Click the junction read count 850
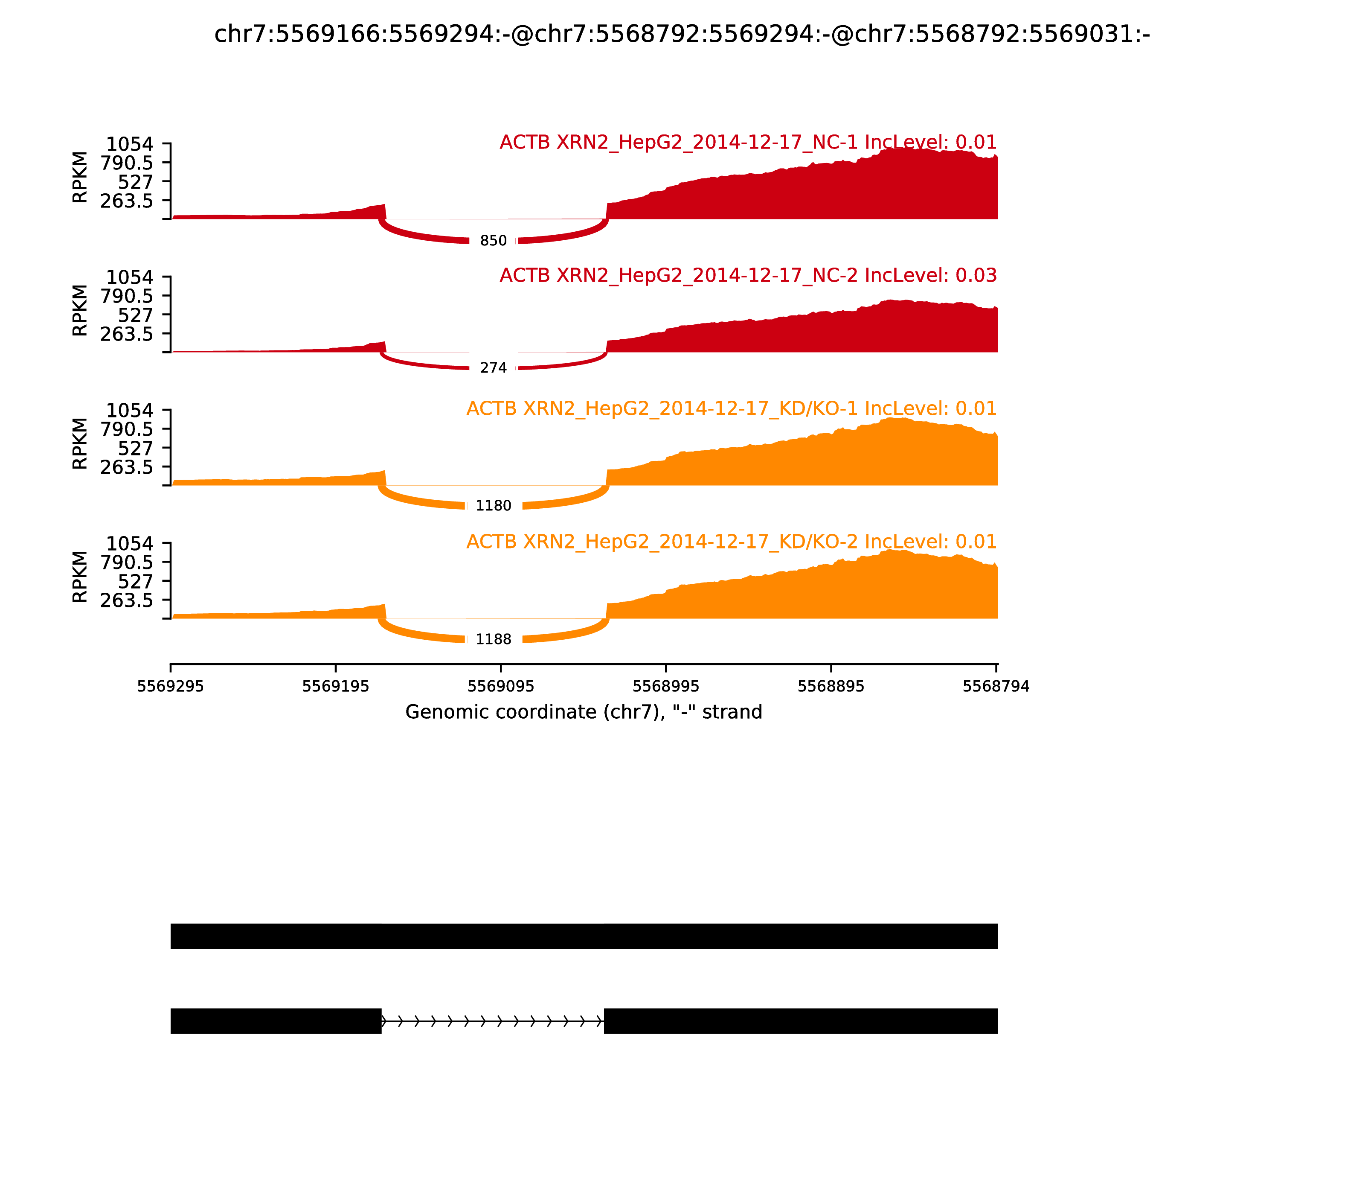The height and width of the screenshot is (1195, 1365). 493,241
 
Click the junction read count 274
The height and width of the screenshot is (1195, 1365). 493,368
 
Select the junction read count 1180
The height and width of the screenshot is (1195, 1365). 493,506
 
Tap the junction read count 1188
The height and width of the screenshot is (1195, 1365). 493,639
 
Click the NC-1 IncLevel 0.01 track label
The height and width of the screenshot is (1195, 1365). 748,143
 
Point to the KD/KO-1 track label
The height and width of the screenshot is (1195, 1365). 731,409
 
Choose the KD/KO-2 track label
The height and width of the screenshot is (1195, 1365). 731,542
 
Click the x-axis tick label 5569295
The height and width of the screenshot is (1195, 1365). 171,687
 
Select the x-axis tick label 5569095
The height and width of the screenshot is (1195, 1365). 500,687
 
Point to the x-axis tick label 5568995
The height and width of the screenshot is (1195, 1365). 666,687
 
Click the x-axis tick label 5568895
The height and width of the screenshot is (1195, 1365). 831,687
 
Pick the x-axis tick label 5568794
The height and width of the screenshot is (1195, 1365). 996,687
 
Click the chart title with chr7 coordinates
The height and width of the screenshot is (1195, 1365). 682,35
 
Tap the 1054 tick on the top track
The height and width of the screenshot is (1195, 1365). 130,144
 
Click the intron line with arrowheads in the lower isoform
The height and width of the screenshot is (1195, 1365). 493,1021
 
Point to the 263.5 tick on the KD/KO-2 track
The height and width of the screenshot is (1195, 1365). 127,600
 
